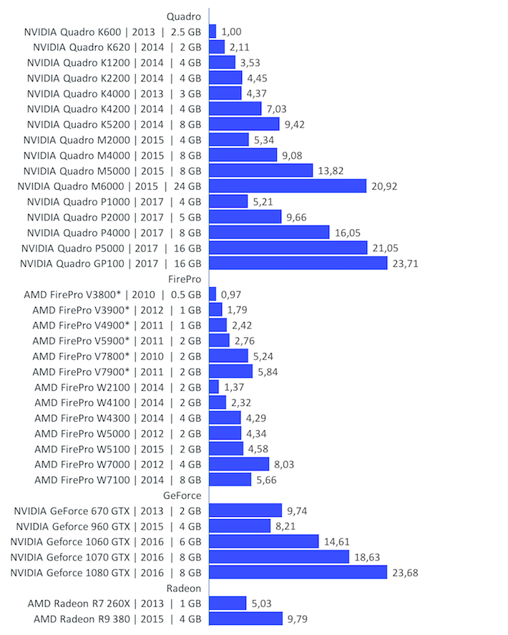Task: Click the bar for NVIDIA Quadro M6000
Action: click(288, 186)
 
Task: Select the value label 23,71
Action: click(405, 263)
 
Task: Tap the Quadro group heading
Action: click(183, 16)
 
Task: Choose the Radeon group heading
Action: click(184, 588)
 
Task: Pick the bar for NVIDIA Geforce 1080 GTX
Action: click(298, 572)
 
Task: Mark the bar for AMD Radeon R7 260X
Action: click(228, 604)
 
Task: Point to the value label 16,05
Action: click(348, 233)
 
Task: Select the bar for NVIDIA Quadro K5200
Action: click(244, 125)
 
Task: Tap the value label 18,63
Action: click(368, 557)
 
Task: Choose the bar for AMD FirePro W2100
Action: click(214, 387)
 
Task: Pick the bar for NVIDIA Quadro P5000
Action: click(288, 248)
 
